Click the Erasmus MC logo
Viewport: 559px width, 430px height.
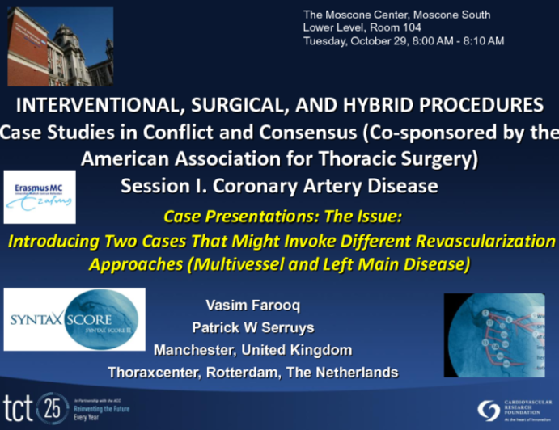pos(39,196)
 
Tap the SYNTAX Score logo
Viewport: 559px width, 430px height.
pos(74,319)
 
